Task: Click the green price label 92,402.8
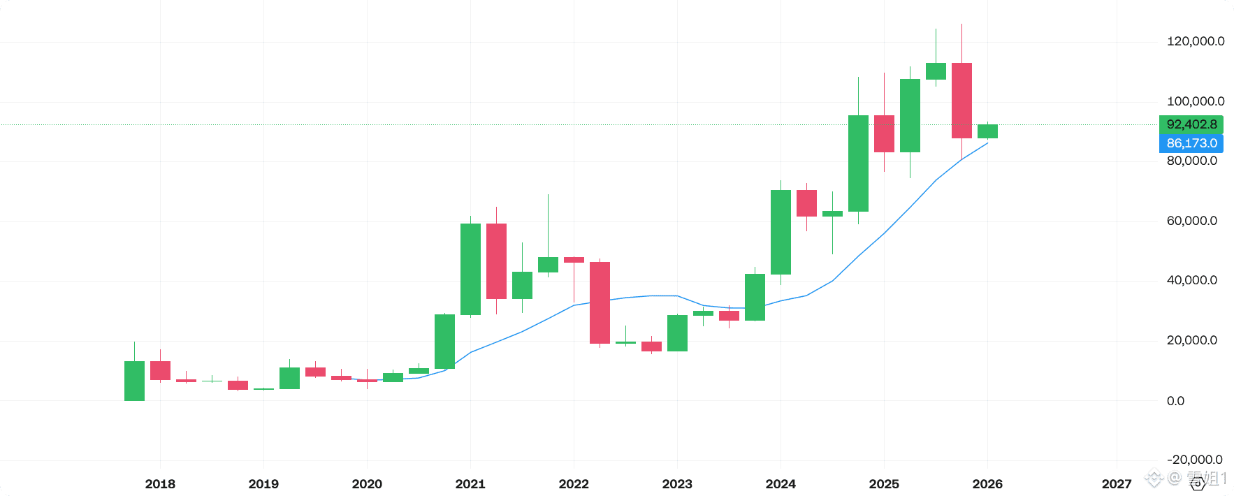pyautogui.click(x=1191, y=124)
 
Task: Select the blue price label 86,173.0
pyautogui.click(x=1191, y=143)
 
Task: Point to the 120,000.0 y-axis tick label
pyautogui.click(x=1195, y=41)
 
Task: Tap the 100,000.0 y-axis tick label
pyautogui.click(x=1195, y=101)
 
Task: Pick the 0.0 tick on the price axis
pyautogui.click(x=1175, y=401)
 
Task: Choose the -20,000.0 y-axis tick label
pyautogui.click(x=1194, y=460)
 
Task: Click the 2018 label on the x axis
pyautogui.click(x=160, y=484)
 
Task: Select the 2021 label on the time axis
pyautogui.click(x=470, y=484)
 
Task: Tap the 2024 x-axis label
pyautogui.click(x=781, y=484)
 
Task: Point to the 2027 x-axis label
pyautogui.click(x=1116, y=484)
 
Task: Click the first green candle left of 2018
pyautogui.click(x=134, y=381)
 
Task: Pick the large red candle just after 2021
pyautogui.click(x=496, y=261)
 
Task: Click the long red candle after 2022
pyautogui.click(x=600, y=302)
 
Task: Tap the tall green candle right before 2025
pyautogui.click(x=858, y=163)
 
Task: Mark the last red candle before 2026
pyautogui.click(x=961, y=101)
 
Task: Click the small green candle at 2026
pyautogui.click(x=987, y=131)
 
